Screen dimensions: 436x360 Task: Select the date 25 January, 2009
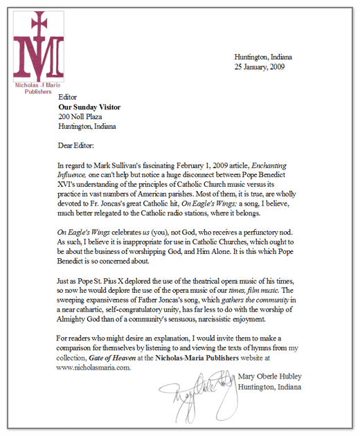tap(260, 67)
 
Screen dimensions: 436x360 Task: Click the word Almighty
tap(78, 320)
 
